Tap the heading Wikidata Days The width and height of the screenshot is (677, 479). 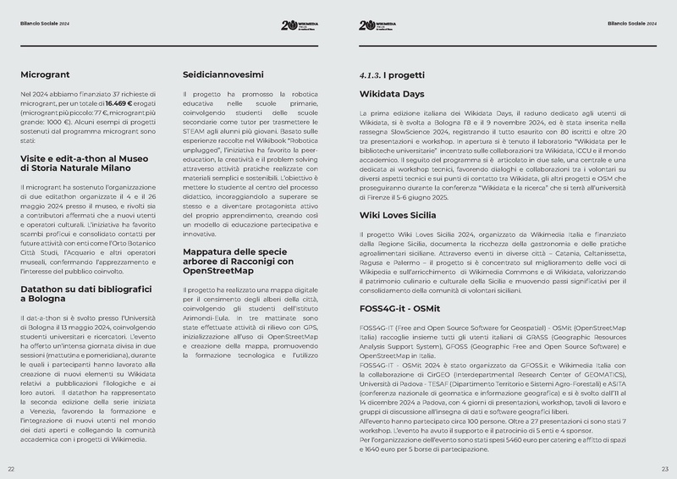(393, 94)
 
